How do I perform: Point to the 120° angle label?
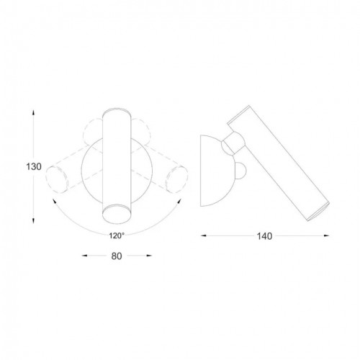[x=116, y=235]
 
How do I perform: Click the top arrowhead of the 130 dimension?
[x=34, y=112]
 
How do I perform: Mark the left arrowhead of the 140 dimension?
[x=201, y=235]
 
